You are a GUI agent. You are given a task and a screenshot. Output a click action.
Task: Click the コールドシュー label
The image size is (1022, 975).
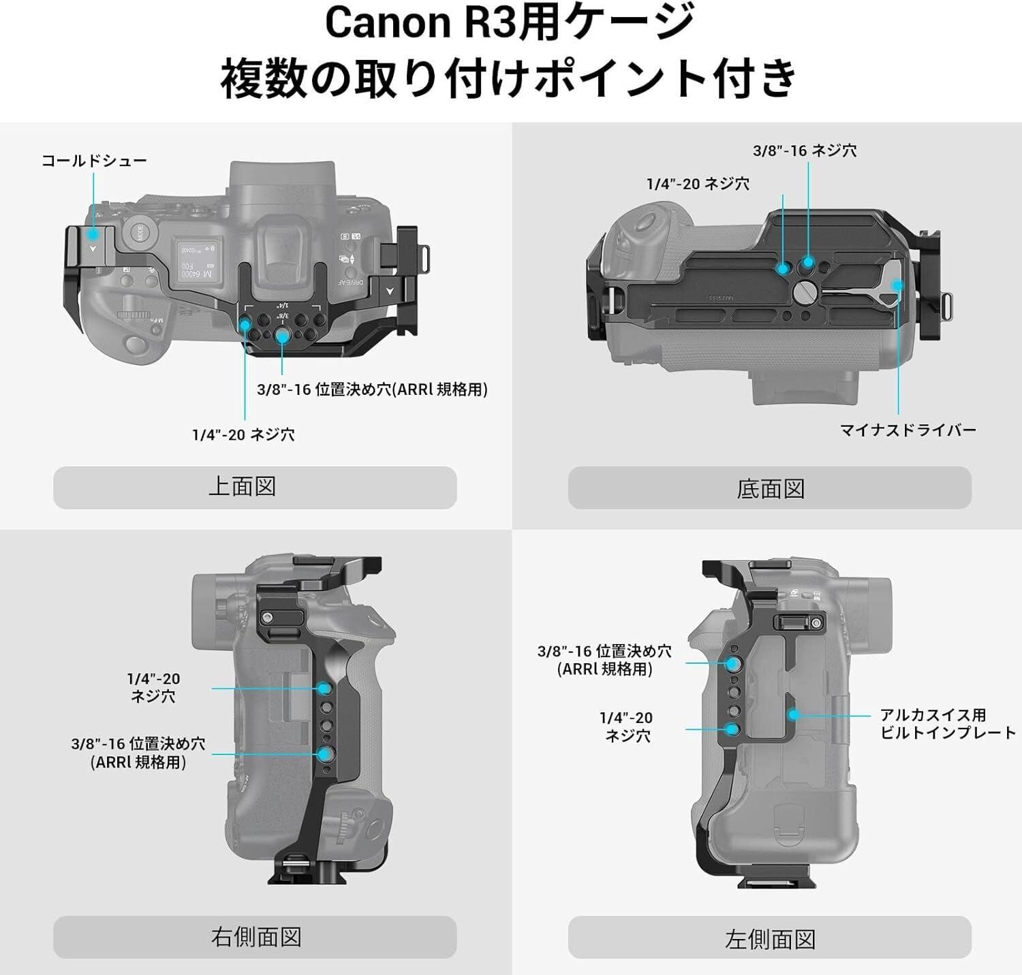pyautogui.click(x=94, y=161)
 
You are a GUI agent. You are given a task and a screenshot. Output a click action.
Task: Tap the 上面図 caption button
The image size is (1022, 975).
pyautogui.click(x=255, y=488)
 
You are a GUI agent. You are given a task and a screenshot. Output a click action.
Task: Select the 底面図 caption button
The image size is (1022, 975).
pyautogui.click(x=769, y=488)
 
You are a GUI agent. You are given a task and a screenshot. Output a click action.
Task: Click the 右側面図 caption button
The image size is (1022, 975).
pyautogui.click(x=255, y=937)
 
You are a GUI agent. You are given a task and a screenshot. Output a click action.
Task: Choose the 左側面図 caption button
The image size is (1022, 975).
pyautogui.click(x=769, y=939)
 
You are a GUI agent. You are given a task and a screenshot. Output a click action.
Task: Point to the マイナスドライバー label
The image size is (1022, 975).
pyautogui.click(x=908, y=430)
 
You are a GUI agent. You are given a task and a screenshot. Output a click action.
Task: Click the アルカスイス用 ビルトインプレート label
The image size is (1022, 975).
pyautogui.click(x=947, y=724)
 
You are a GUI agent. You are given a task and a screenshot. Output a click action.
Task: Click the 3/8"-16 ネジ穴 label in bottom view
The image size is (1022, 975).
pyautogui.click(x=804, y=150)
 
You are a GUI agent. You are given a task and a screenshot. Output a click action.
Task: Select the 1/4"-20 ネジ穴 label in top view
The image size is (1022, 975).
pyautogui.click(x=243, y=434)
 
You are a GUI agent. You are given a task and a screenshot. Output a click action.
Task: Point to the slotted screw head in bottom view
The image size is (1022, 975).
pyautogui.click(x=804, y=293)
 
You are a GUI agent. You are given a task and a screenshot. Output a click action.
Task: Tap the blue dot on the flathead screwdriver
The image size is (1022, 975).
pyautogui.click(x=897, y=285)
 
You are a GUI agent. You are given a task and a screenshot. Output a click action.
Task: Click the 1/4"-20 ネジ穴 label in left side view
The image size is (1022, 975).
pyautogui.click(x=626, y=726)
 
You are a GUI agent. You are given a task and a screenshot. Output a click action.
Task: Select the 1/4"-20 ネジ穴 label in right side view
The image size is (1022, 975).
pyautogui.click(x=153, y=687)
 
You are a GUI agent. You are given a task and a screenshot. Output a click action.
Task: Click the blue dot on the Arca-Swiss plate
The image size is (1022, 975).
pyautogui.click(x=793, y=715)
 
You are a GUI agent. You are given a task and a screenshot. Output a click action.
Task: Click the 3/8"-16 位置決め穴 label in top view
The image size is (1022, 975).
pyautogui.click(x=372, y=389)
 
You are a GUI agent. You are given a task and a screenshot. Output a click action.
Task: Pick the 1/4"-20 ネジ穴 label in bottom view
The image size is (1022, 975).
pyautogui.click(x=698, y=183)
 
